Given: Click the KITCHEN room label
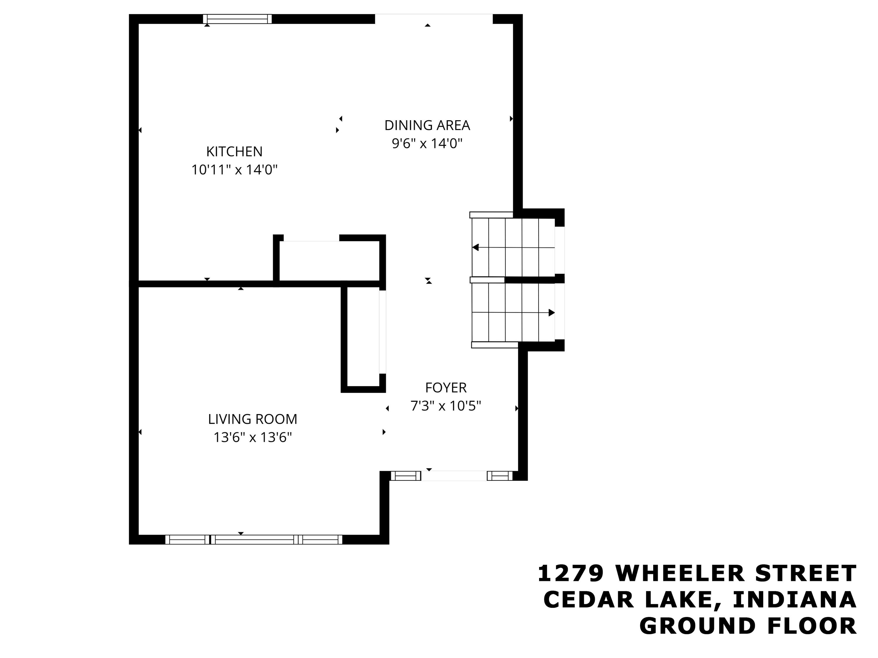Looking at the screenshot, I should pos(234,151).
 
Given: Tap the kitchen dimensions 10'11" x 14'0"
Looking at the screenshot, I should pos(234,170).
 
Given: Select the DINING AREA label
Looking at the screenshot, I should pos(427,125).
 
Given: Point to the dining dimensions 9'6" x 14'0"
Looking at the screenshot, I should pos(427,143).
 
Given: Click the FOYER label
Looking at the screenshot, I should pos(446,387).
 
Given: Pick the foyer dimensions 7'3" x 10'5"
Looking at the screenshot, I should pos(446,406).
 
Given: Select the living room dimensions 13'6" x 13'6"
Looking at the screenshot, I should pos(253,437).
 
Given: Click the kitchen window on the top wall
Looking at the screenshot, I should pos(237,19).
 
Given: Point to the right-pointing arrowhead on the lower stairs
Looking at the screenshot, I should pos(551,313).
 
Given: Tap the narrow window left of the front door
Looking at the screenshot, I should pos(405,476).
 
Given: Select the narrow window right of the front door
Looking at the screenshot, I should pos(500,476).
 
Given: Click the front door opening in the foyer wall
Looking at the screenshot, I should pos(454,476).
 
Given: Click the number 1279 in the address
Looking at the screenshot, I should pos(570,573).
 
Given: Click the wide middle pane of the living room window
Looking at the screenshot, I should pos(254,539).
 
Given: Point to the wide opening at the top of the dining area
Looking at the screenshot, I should pos(433,19).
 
